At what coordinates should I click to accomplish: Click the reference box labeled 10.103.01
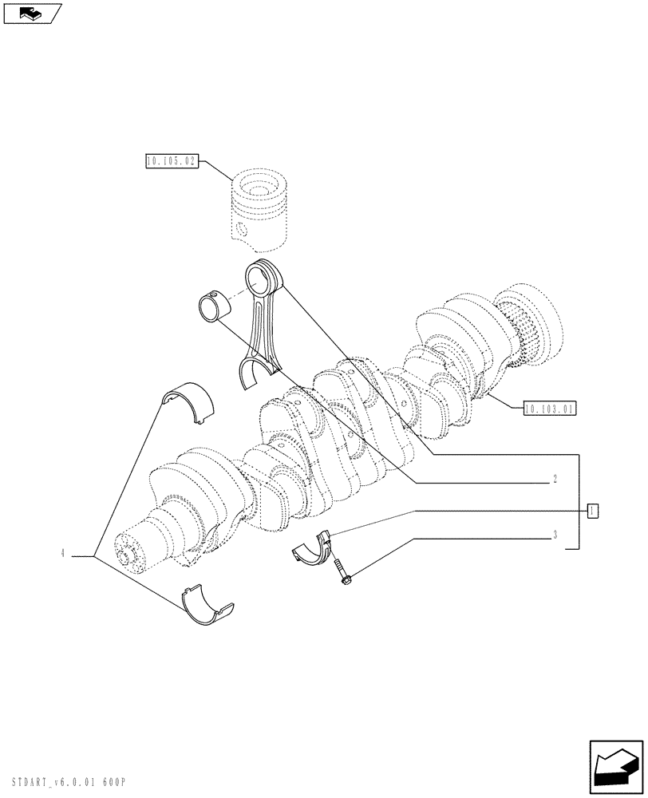tap(550, 408)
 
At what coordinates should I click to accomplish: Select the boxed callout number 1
tap(592, 510)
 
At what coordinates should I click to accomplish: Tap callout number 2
tap(554, 481)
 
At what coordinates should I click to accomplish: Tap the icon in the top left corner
tap(31, 13)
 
